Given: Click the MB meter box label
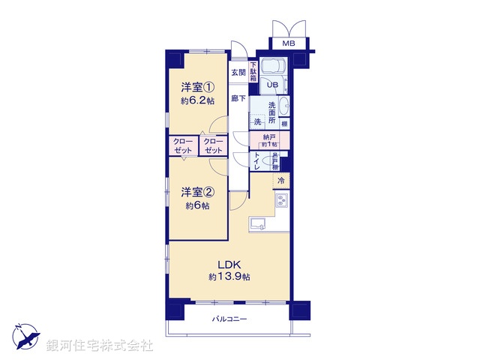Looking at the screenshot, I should point(289,43).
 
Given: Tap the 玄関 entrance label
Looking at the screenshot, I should point(238,73).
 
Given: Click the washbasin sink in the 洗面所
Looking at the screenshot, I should point(284,106).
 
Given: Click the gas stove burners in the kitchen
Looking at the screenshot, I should point(282,201).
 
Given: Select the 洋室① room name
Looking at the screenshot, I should point(196,86).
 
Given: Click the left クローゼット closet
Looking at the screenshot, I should point(182,145).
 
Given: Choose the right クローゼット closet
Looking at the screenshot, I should point(213,145).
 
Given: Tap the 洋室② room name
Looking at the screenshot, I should point(196,192).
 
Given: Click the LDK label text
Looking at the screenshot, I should point(229,264).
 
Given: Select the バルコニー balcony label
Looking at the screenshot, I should point(229,319).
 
